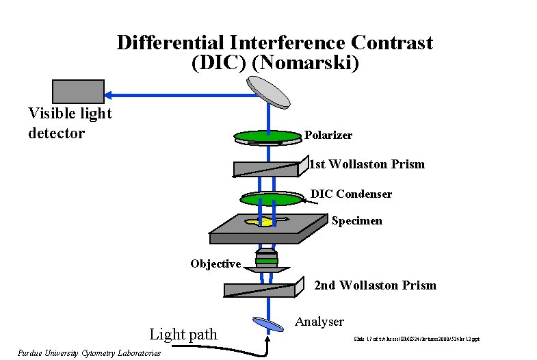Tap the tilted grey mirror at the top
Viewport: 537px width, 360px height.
[268, 91]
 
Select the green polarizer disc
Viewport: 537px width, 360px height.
[268, 136]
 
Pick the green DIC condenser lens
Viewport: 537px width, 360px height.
[272, 198]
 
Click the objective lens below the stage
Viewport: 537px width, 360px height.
[267, 259]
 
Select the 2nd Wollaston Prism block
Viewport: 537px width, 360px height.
[261, 289]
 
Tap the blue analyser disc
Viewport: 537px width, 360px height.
[267, 324]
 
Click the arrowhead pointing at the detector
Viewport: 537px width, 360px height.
[111, 94]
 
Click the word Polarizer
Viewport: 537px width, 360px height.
[328, 136]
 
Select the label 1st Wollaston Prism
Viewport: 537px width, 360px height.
[367, 164]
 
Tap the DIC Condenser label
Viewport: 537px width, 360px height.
[351, 194]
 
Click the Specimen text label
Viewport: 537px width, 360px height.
[356, 221]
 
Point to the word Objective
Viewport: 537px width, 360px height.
[215, 264]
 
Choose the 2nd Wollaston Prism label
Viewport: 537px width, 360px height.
[375, 285]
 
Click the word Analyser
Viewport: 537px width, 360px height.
[319, 322]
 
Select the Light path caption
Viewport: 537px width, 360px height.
[183, 335]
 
